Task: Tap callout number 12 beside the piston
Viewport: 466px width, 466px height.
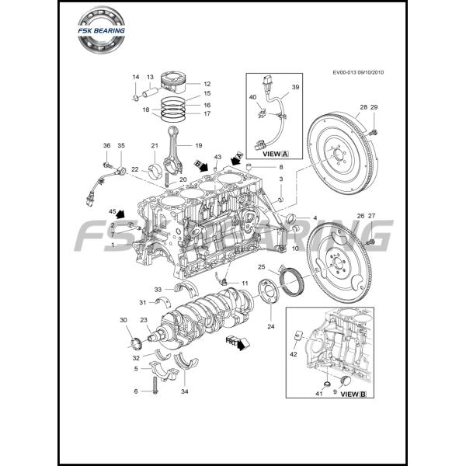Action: pos(207,84)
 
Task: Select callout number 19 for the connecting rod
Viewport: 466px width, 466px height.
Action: pos(198,145)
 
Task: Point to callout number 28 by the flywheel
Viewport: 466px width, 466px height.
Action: pos(363,106)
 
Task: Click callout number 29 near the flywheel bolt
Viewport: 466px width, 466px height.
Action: pos(374,106)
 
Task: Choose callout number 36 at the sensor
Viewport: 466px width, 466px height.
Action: pos(107,145)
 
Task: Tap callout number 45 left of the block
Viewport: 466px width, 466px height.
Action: pos(113,211)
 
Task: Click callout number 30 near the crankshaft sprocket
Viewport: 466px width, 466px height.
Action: pos(123,321)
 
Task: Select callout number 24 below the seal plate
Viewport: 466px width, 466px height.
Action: pos(270,327)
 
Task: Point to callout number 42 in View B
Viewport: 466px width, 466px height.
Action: pos(294,354)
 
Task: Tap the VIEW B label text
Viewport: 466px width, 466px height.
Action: pos(353,395)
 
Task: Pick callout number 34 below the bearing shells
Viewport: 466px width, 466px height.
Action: pos(184,391)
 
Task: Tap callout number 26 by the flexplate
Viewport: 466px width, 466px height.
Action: pos(360,215)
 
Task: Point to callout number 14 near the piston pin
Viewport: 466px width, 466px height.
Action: pos(135,77)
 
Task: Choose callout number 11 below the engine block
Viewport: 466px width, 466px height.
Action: pos(245,283)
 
